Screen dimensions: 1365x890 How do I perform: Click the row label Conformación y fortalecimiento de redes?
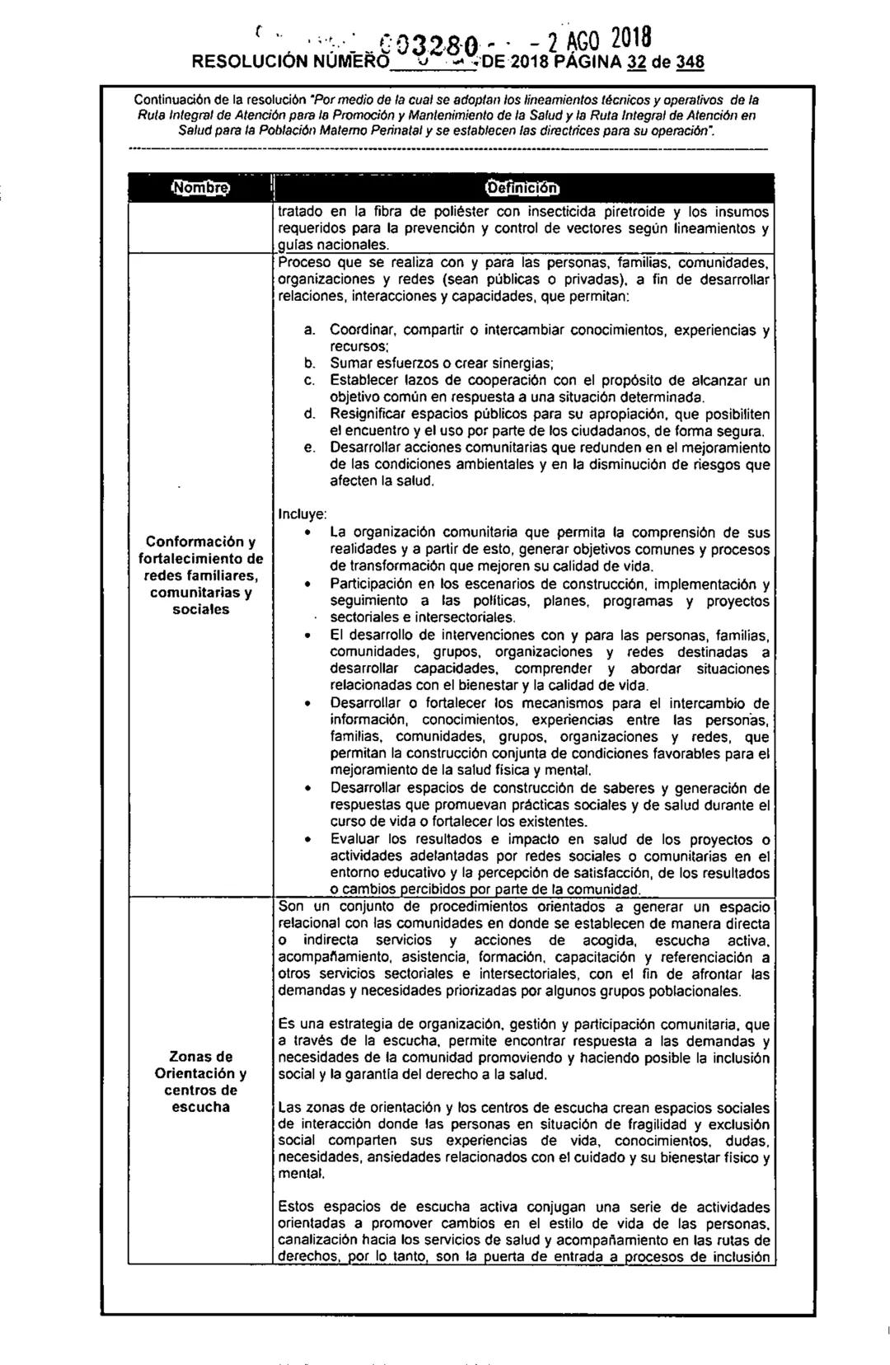point(200,575)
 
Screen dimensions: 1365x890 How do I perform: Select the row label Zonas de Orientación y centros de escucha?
point(200,1081)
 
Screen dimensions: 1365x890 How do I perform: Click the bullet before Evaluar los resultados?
point(307,839)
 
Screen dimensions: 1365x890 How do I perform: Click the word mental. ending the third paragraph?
point(299,1173)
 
